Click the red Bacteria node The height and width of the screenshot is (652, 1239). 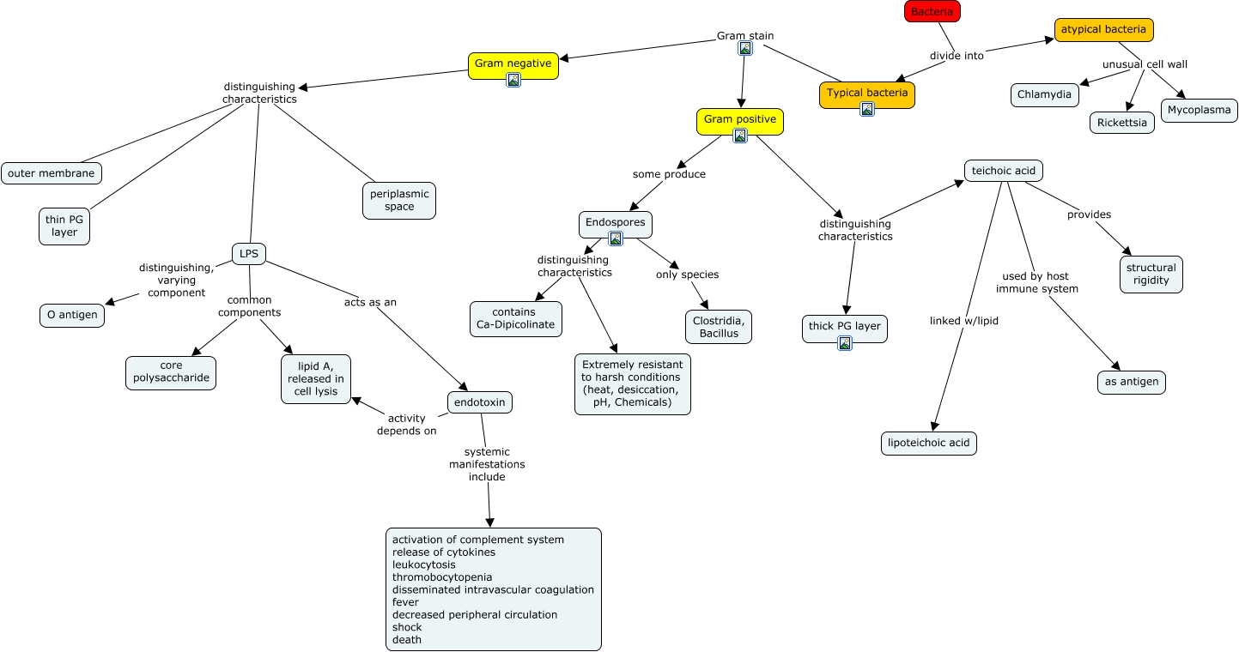click(x=932, y=11)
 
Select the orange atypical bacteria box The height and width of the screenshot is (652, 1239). click(x=1103, y=30)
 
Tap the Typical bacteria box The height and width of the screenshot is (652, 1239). click(x=867, y=94)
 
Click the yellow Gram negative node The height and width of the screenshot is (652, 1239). click(x=513, y=64)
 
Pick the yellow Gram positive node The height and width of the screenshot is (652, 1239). click(x=739, y=120)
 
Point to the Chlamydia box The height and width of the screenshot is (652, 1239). click(x=1045, y=94)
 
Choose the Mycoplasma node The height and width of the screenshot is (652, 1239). click(x=1200, y=110)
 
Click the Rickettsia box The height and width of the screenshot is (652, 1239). click(x=1122, y=123)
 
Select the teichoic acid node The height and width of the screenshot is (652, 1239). click(x=1003, y=171)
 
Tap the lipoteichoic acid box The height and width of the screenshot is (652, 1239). click(x=928, y=444)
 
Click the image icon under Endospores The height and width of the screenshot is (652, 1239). click(x=616, y=238)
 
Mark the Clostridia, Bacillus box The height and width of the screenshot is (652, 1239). click(x=717, y=327)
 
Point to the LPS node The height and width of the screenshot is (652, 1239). click(x=249, y=254)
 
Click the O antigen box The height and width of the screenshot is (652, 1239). click(x=73, y=316)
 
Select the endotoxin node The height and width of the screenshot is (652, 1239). click(x=480, y=402)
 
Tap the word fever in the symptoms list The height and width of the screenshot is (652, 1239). click(x=406, y=602)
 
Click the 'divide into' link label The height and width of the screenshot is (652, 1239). click(x=957, y=56)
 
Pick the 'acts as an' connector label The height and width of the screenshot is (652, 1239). click(x=370, y=302)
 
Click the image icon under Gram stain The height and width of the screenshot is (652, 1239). click(x=745, y=49)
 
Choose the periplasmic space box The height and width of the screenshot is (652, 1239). click(x=399, y=201)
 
